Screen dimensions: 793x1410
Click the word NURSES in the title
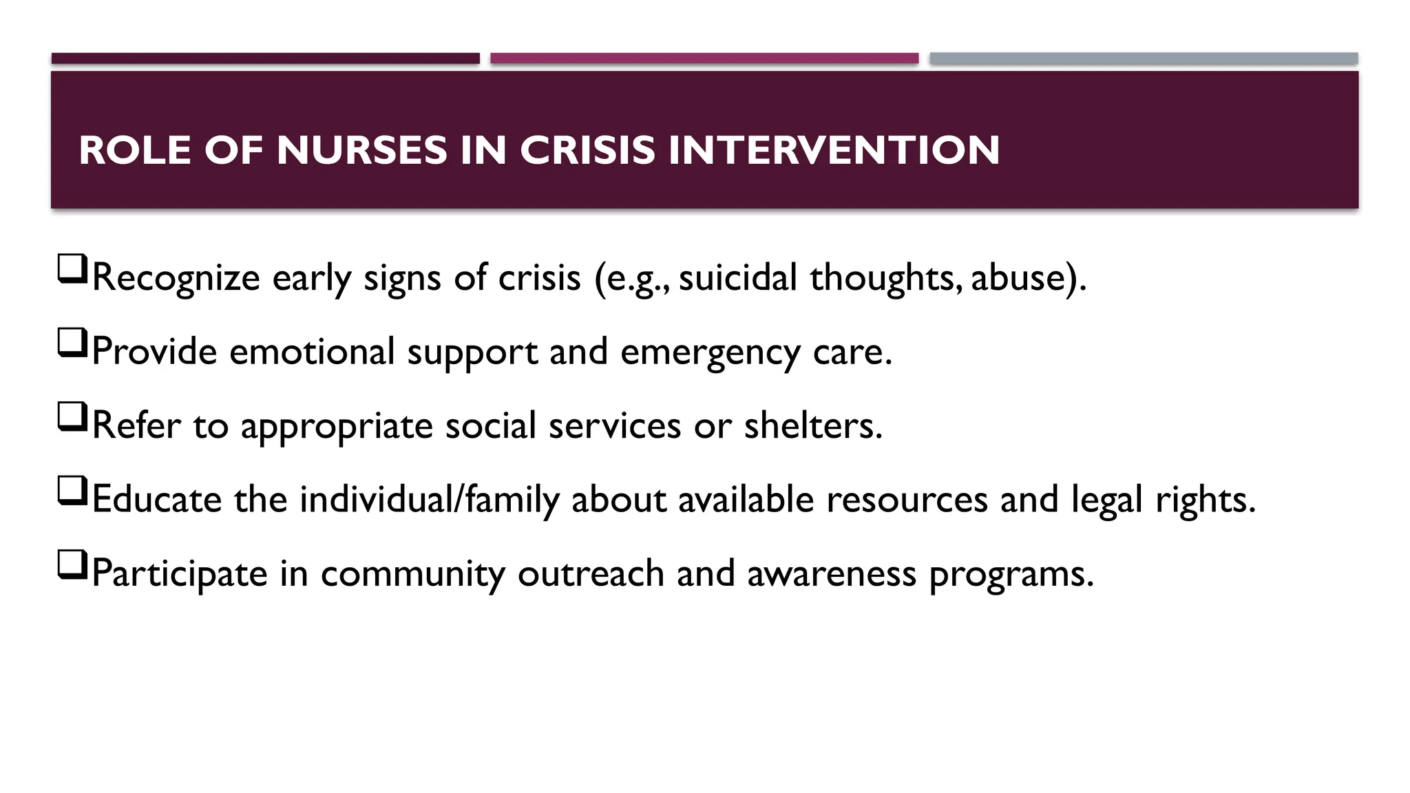(361, 150)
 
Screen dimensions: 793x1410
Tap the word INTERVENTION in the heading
(833, 150)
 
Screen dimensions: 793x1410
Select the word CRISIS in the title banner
(587, 150)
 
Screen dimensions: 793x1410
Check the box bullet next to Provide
(72, 343)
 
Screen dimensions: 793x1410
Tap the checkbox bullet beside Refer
(72, 416)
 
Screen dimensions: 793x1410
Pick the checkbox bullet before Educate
(72, 491)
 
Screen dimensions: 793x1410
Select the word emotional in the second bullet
(312, 351)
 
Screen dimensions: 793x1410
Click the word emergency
(710, 352)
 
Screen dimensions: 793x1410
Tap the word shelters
(812, 425)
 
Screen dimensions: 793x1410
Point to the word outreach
(590, 573)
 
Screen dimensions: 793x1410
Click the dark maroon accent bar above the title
(265, 59)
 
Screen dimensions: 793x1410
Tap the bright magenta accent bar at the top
(704, 59)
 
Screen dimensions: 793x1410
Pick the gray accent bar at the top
(1144, 59)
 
